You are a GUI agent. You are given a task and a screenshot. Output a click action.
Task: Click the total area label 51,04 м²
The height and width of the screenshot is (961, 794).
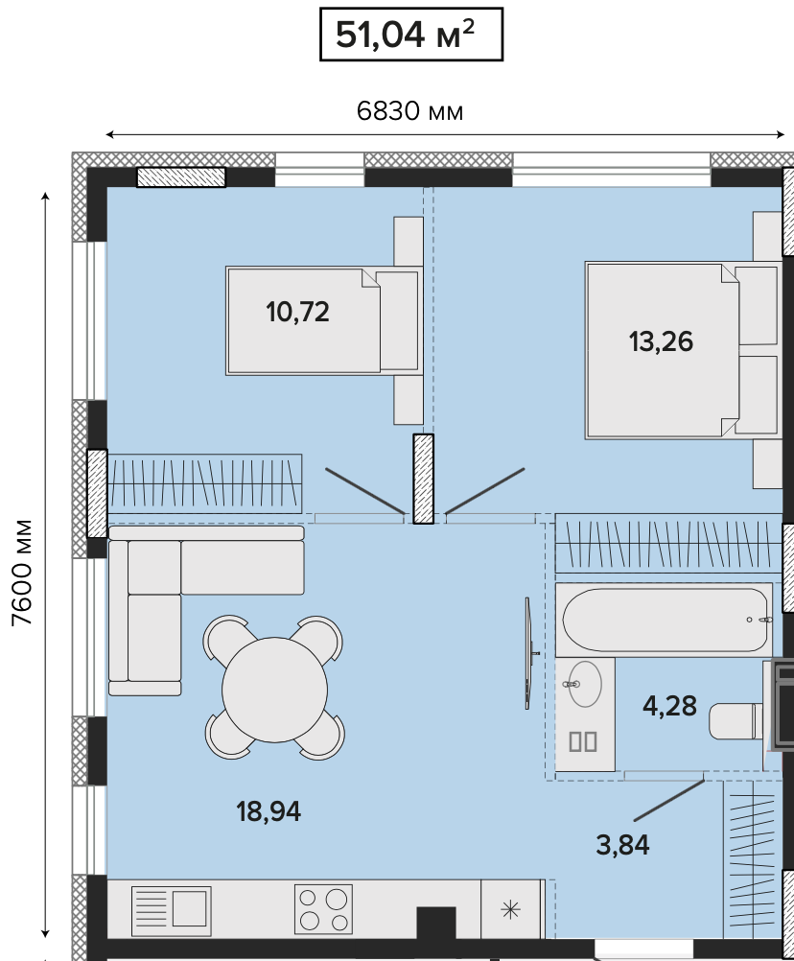(405, 35)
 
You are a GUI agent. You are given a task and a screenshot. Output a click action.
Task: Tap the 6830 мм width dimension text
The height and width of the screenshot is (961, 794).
(409, 111)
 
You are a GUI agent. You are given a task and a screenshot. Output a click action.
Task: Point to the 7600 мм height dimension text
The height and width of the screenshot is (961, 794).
(23, 573)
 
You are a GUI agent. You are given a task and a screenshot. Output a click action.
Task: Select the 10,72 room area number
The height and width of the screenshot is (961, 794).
(297, 312)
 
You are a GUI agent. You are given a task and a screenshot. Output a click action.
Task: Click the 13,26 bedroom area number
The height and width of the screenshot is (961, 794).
(661, 341)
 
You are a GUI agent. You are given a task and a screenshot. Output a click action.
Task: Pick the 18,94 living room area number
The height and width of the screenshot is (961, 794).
(269, 811)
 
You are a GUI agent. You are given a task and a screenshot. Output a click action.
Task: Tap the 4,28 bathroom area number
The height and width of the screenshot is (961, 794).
(669, 706)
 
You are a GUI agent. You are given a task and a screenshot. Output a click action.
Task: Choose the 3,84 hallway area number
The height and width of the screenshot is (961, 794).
(622, 845)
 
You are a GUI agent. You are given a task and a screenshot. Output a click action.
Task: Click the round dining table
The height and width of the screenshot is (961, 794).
(274, 688)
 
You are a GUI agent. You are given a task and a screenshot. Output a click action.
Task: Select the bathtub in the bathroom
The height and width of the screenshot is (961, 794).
(665, 620)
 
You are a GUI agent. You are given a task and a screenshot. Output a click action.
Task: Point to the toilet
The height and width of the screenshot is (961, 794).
(736, 721)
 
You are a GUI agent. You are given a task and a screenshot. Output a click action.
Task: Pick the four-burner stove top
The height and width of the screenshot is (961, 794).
(323, 909)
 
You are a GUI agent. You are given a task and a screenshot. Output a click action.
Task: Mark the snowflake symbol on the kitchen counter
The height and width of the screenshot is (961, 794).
(510, 909)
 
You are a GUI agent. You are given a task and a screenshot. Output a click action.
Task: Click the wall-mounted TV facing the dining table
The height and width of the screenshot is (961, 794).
(528, 653)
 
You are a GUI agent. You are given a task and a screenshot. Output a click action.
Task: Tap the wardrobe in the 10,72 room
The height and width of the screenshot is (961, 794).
(204, 483)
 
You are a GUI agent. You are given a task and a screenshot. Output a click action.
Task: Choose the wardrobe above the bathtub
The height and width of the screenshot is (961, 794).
(669, 544)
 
